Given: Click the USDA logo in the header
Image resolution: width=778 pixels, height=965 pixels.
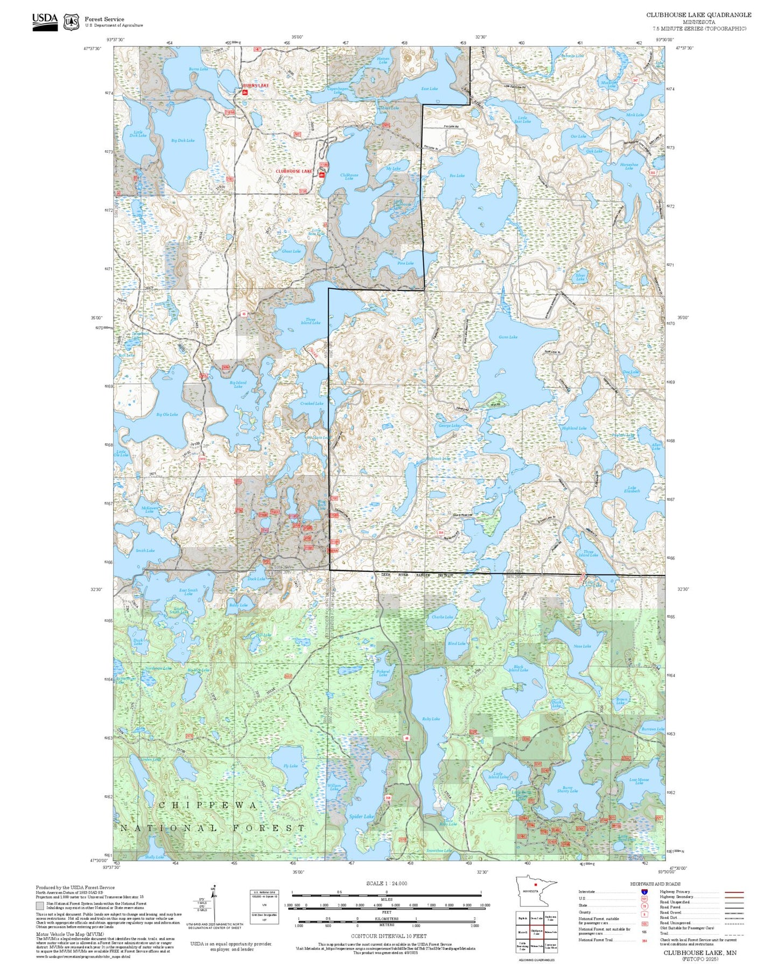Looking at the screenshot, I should pos(45,21).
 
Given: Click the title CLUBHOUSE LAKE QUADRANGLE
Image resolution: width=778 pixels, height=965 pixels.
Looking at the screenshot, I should pos(698,15).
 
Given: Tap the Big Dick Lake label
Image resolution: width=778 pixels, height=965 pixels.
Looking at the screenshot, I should pos(183,140).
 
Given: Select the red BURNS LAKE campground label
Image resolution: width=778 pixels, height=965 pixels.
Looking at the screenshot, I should pos(255,86).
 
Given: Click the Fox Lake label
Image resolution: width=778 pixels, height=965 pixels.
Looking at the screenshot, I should pos(457,175).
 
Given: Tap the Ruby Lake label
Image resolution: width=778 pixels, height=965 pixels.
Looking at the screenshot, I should pos(431,719).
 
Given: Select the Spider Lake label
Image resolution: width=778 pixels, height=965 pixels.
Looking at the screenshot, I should pos(361,817).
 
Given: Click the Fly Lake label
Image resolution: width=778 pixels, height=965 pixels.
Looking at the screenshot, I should pos(290,766).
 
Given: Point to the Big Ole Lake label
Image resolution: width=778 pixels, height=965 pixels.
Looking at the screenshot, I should pos(167,414).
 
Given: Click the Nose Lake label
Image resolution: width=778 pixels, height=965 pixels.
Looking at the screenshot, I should pos(582,646).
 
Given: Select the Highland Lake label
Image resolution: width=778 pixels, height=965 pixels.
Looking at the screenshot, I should pos(574,428).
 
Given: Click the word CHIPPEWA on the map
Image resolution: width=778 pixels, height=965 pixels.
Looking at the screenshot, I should pos(208,805).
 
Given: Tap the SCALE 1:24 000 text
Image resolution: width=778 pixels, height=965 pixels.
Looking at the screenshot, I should pos(386,883).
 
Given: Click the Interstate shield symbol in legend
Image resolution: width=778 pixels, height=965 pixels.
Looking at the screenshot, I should pos(644,892).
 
